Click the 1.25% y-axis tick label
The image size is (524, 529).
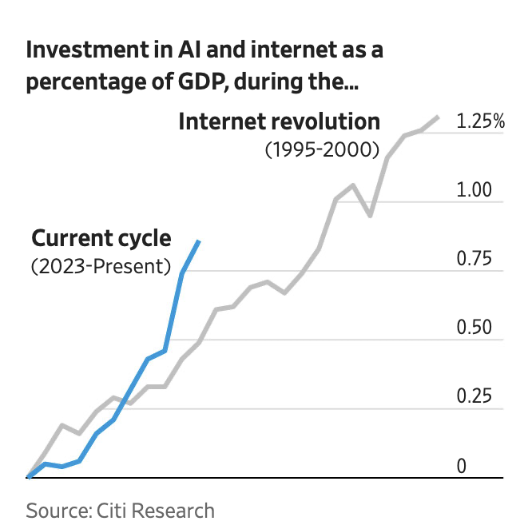480,121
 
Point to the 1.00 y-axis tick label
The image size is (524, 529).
474,189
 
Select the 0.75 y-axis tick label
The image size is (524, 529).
474,258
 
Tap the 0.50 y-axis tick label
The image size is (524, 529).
474,327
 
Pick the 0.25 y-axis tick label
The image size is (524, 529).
474,396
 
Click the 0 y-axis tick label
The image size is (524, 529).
461,466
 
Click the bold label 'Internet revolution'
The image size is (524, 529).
280,121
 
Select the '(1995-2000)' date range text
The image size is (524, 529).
322,149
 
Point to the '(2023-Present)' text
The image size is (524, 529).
101,267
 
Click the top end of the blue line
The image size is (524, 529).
199,241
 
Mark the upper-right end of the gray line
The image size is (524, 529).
439,117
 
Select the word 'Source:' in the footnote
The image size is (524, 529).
59,511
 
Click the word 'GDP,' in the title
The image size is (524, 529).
203,82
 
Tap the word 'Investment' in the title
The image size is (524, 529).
88,50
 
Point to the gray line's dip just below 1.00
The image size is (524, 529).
371,215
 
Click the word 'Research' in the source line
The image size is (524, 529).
173,511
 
